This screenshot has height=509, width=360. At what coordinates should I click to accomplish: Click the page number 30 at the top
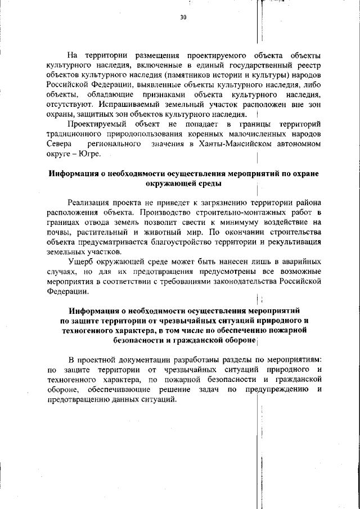pos(183,18)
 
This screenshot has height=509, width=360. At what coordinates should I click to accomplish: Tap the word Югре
pos(89,154)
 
